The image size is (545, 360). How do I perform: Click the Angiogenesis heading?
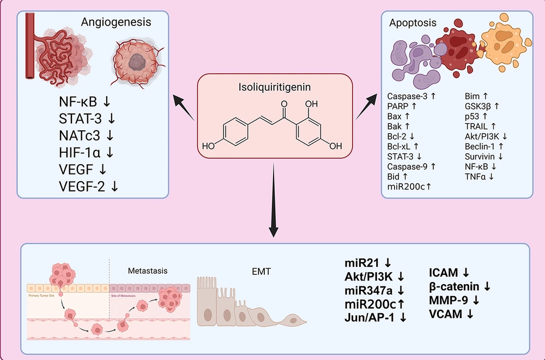[116, 23]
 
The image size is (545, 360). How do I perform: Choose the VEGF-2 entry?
[82, 186]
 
